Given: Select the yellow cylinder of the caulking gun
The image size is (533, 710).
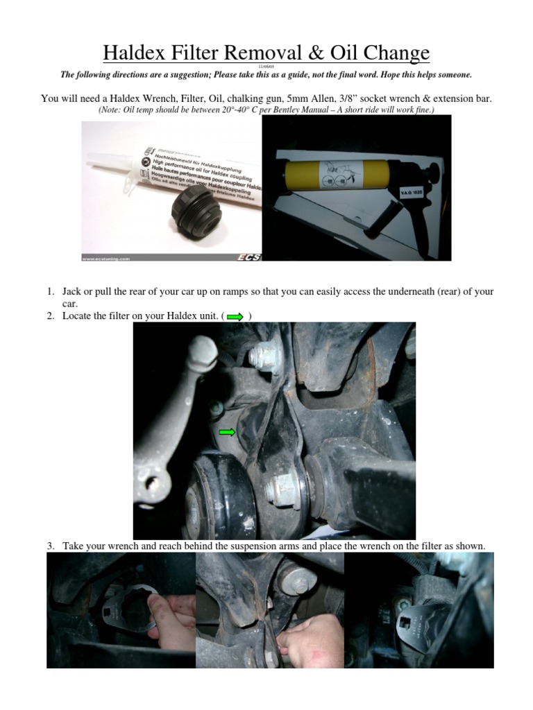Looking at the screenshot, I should (334, 168).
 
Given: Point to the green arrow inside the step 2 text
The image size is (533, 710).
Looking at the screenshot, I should (235, 317).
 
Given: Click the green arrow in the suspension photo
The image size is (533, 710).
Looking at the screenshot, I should (227, 433).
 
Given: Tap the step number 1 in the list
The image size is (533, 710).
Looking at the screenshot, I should (51, 292).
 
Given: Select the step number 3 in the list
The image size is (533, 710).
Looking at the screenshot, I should (51, 546).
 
